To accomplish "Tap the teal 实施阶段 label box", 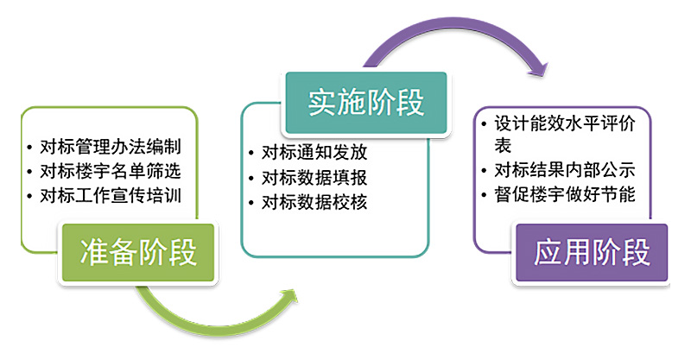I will click(x=366, y=102).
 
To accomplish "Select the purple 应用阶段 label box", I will click(x=592, y=252).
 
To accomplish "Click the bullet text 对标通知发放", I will click(x=314, y=153).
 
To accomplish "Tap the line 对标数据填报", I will click(x=314, y=179).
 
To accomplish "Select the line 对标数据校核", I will click(x=314, y=204).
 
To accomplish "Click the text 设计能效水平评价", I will click(x=566, y=123).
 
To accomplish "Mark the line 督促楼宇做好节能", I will click(x=566, y=194).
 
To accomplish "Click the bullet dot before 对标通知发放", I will click(x=250, y=154).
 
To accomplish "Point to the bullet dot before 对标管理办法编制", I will click(x=30, y=147).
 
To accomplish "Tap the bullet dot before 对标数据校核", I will click(x=250, y=205).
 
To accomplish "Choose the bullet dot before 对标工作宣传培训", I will click(x=30, y=195).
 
